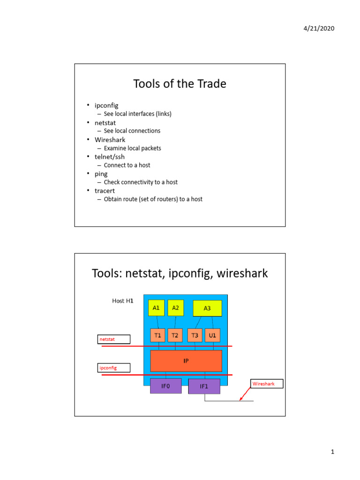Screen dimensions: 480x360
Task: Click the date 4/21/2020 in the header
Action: click(319, 28)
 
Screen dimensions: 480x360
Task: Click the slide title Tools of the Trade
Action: click(180, 84)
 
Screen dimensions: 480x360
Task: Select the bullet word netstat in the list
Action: click(105, 123)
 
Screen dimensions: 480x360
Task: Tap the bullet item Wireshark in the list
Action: click(110, 140)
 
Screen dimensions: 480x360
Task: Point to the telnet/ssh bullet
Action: click(109, 157)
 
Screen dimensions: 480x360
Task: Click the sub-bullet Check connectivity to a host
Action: click(141, 182)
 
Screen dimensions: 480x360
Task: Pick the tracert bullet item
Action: click(105, 191)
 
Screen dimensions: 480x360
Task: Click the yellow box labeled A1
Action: click(157, 308)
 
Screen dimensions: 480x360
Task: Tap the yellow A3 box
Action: click(207, 308)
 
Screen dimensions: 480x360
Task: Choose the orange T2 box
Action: click(175, 335)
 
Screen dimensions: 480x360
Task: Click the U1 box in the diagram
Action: click(212, 335)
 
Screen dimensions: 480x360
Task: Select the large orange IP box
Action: click(186, 361)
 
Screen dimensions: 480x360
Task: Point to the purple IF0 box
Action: click(165, 386)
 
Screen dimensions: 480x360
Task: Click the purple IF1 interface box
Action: click(204, 387)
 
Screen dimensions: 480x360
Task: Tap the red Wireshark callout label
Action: click(267, 384)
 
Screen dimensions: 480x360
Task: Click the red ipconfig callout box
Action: click(114, 368)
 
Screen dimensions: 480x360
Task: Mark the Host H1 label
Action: click(123, 300)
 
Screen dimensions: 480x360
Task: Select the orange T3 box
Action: click(195, 335)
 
